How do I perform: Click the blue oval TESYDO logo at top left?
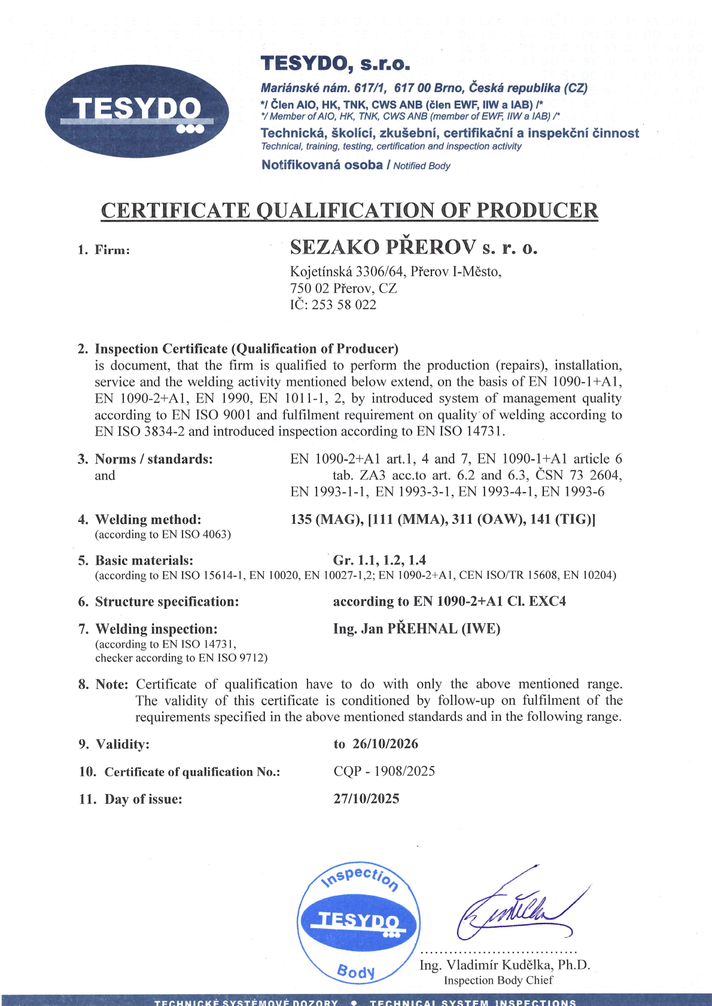[136, 111]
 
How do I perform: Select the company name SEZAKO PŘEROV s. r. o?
[413, 247]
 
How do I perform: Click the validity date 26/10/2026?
[385, 744]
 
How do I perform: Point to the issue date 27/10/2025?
[366, 798]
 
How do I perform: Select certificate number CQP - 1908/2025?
[384, 771]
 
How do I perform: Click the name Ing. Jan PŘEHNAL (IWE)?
[416, 629]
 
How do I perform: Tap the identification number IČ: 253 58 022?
[333, 304]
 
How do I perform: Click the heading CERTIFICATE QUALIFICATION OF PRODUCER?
[349, 211]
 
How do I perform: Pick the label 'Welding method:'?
[148, 519]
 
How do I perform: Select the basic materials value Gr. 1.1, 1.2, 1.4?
[379, 560]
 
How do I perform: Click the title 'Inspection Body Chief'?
[498, 980]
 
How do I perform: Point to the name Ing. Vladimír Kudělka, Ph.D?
[504, 965]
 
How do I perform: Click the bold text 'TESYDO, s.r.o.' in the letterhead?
[335, 63]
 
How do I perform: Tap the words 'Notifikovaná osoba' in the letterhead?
[322, 165]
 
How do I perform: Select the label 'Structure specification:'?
[167, 602]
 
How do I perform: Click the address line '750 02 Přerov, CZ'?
[343, 288]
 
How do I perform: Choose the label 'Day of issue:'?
[143, 799]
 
